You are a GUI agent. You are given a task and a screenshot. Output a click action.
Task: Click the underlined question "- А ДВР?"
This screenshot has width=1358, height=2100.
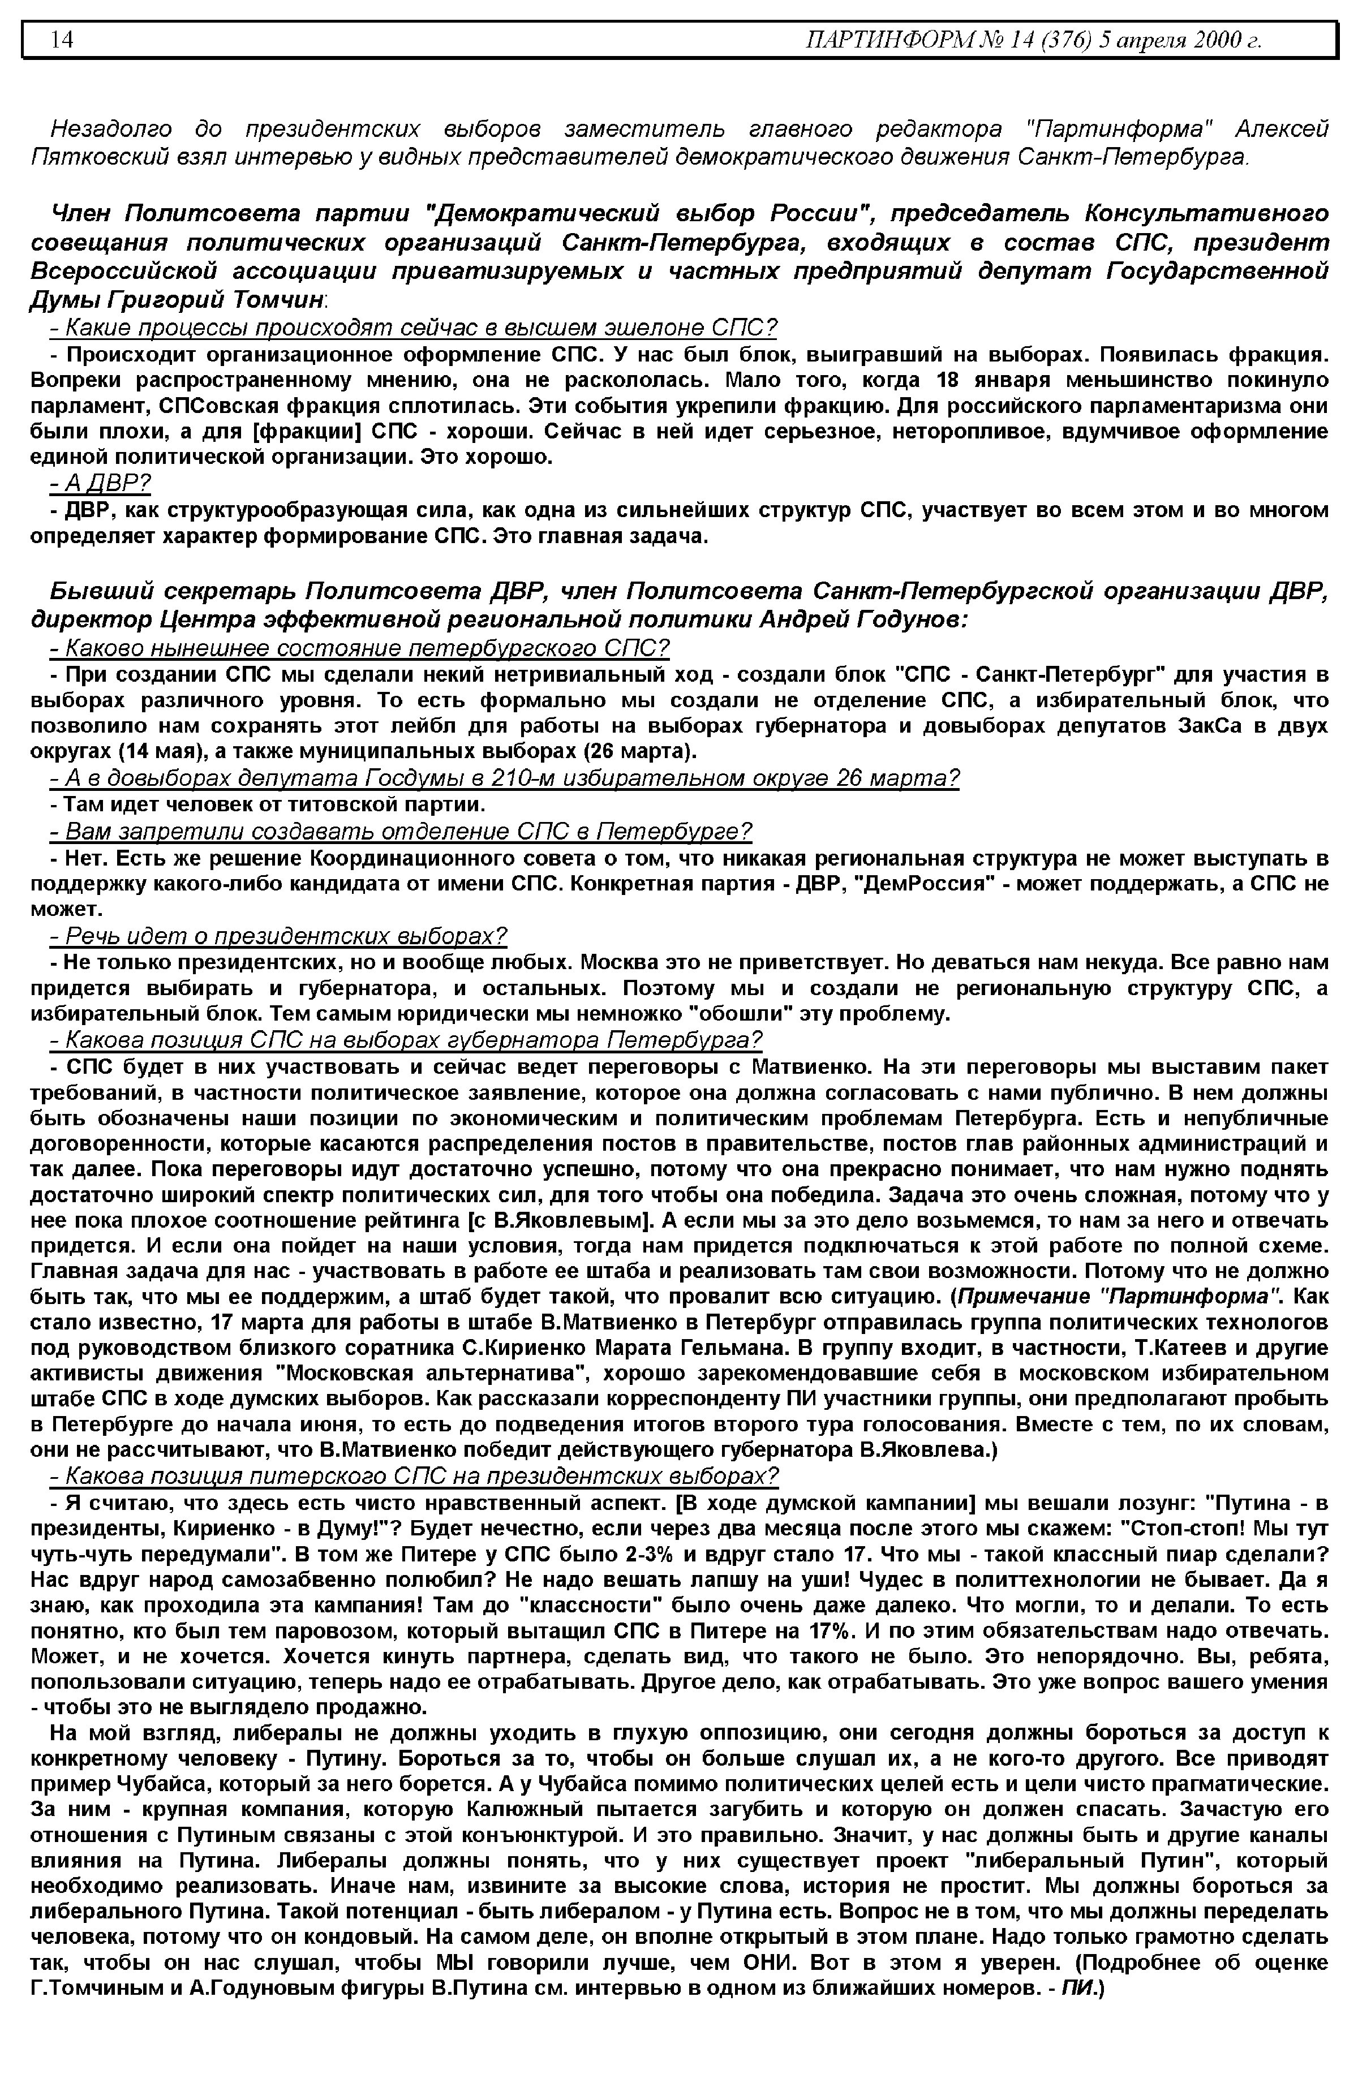point(101,483)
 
